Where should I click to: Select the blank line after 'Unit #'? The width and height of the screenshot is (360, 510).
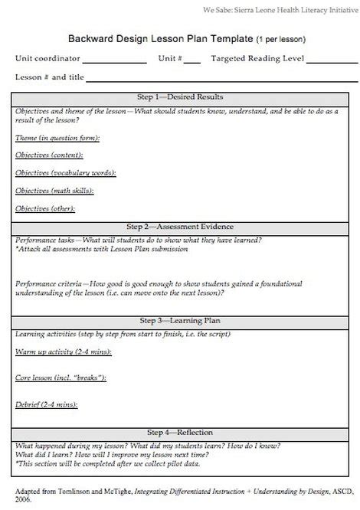click(192, 61)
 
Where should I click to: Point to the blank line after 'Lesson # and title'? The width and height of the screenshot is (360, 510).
click(222, 79)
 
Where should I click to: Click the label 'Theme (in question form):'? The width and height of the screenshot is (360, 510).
click(57, 138)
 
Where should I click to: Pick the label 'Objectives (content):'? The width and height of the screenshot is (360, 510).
click(50, 155)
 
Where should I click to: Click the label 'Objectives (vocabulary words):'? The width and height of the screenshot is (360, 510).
click(65, 172)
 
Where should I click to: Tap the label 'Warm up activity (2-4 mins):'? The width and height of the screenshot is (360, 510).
click(63, 351)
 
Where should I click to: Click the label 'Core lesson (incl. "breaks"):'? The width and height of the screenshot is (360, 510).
click(61, 378)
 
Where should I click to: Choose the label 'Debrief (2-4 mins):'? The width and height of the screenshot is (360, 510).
click(47, 404)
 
